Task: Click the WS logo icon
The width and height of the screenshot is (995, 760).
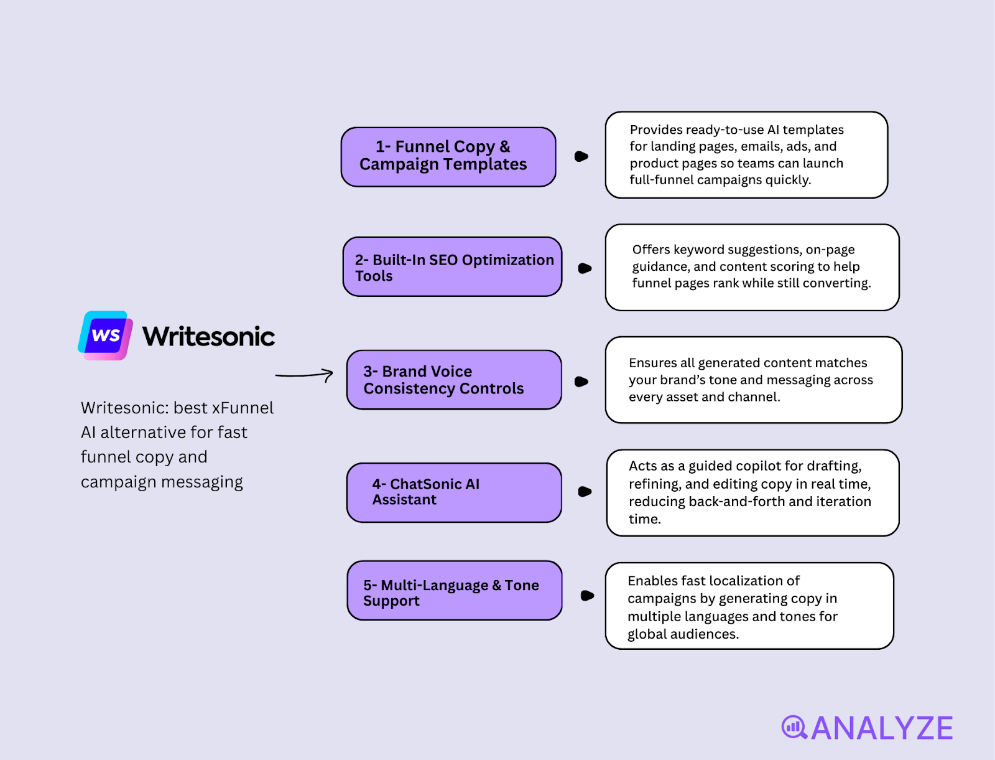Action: [105, 335]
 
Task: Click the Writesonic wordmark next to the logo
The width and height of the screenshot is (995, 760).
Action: [208, 337]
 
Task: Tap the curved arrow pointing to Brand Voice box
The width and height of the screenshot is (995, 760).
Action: [304, 375]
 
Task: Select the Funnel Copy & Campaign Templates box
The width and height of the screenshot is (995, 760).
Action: [448, 157]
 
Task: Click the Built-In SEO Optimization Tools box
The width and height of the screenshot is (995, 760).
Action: [452, 266]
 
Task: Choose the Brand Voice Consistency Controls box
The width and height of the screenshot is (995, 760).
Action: [454, 380]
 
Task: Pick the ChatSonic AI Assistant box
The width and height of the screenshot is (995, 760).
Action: [454, 492]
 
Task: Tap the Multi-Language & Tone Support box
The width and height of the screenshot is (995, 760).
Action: [455, 591]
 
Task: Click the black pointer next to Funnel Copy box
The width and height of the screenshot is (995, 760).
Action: [581, 156]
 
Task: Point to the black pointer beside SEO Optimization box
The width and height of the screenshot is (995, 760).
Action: [585, 268]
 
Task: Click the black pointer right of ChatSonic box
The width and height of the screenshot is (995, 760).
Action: [585, 492]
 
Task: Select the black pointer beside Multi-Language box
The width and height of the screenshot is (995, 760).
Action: [586, 596]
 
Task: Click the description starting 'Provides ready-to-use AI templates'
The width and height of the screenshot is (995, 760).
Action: [746, 155]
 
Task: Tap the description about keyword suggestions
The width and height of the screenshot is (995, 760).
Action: [751, 266]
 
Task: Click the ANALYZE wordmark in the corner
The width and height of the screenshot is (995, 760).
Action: [881, 728]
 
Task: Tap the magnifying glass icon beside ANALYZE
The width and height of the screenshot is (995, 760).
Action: [794, 727]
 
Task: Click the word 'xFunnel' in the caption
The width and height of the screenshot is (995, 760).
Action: [243, 408]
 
